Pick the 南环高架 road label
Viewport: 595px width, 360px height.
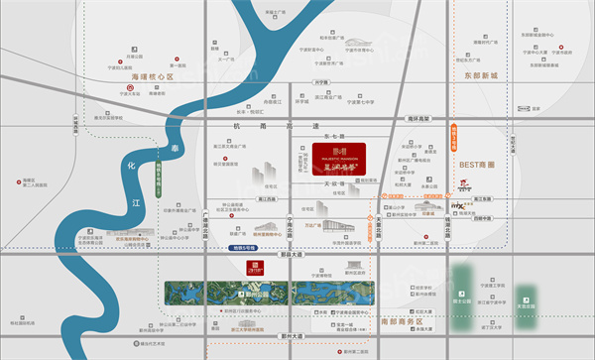[x=421, y=119]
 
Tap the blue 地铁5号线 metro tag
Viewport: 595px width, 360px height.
[x=242, y=245]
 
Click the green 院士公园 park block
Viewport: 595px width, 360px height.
[x=462, y=288]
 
